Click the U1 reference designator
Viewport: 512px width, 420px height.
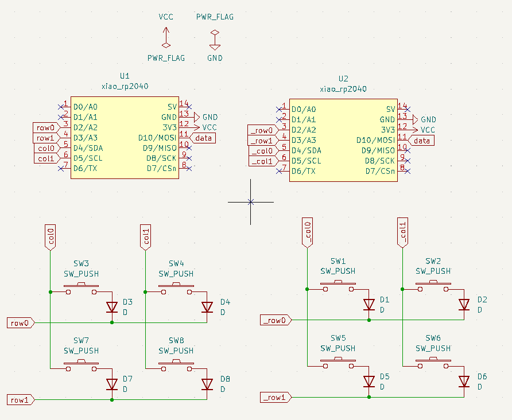click(x=125, y=76)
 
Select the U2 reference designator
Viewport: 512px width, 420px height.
click(x=343, y=79)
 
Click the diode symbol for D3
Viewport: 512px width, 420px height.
click(x=112, y=308)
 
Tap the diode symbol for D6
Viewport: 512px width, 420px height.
click(x=464, y=381)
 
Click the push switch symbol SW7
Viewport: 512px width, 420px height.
click(x=81, y=365)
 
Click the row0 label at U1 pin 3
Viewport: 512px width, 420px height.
click(x=45, y=127)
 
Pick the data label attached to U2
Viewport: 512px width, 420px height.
click(x=422, y=141)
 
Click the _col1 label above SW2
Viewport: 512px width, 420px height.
click(x=402, y=233)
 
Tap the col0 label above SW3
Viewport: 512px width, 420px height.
click(x=51, y=238)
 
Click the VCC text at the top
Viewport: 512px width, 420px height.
click(x=166, y=17)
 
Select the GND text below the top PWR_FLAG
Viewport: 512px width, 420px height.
click(x=215, y=58)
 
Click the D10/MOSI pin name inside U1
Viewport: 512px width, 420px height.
click(x=157, y=138)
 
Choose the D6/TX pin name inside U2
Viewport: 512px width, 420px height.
click(x=303, y=171)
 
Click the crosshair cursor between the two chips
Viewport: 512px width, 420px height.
click(x=250, y=201)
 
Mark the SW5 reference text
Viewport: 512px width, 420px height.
click(x=338, y=338)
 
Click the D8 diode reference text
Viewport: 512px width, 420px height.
click(x=225, y=379)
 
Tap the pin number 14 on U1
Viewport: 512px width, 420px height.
click(x=184, y=103)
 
